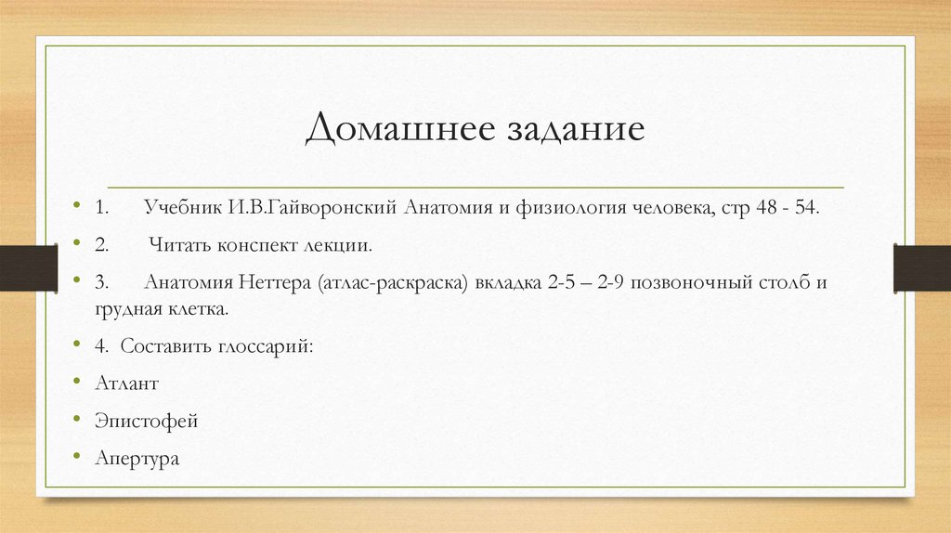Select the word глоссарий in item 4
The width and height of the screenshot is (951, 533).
[267, 345]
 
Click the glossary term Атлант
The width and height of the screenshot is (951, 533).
[126, 383]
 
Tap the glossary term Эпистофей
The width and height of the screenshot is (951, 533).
[146, 421]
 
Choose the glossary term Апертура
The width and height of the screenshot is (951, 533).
[136, 459]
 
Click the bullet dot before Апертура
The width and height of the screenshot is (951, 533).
[75, 458]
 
